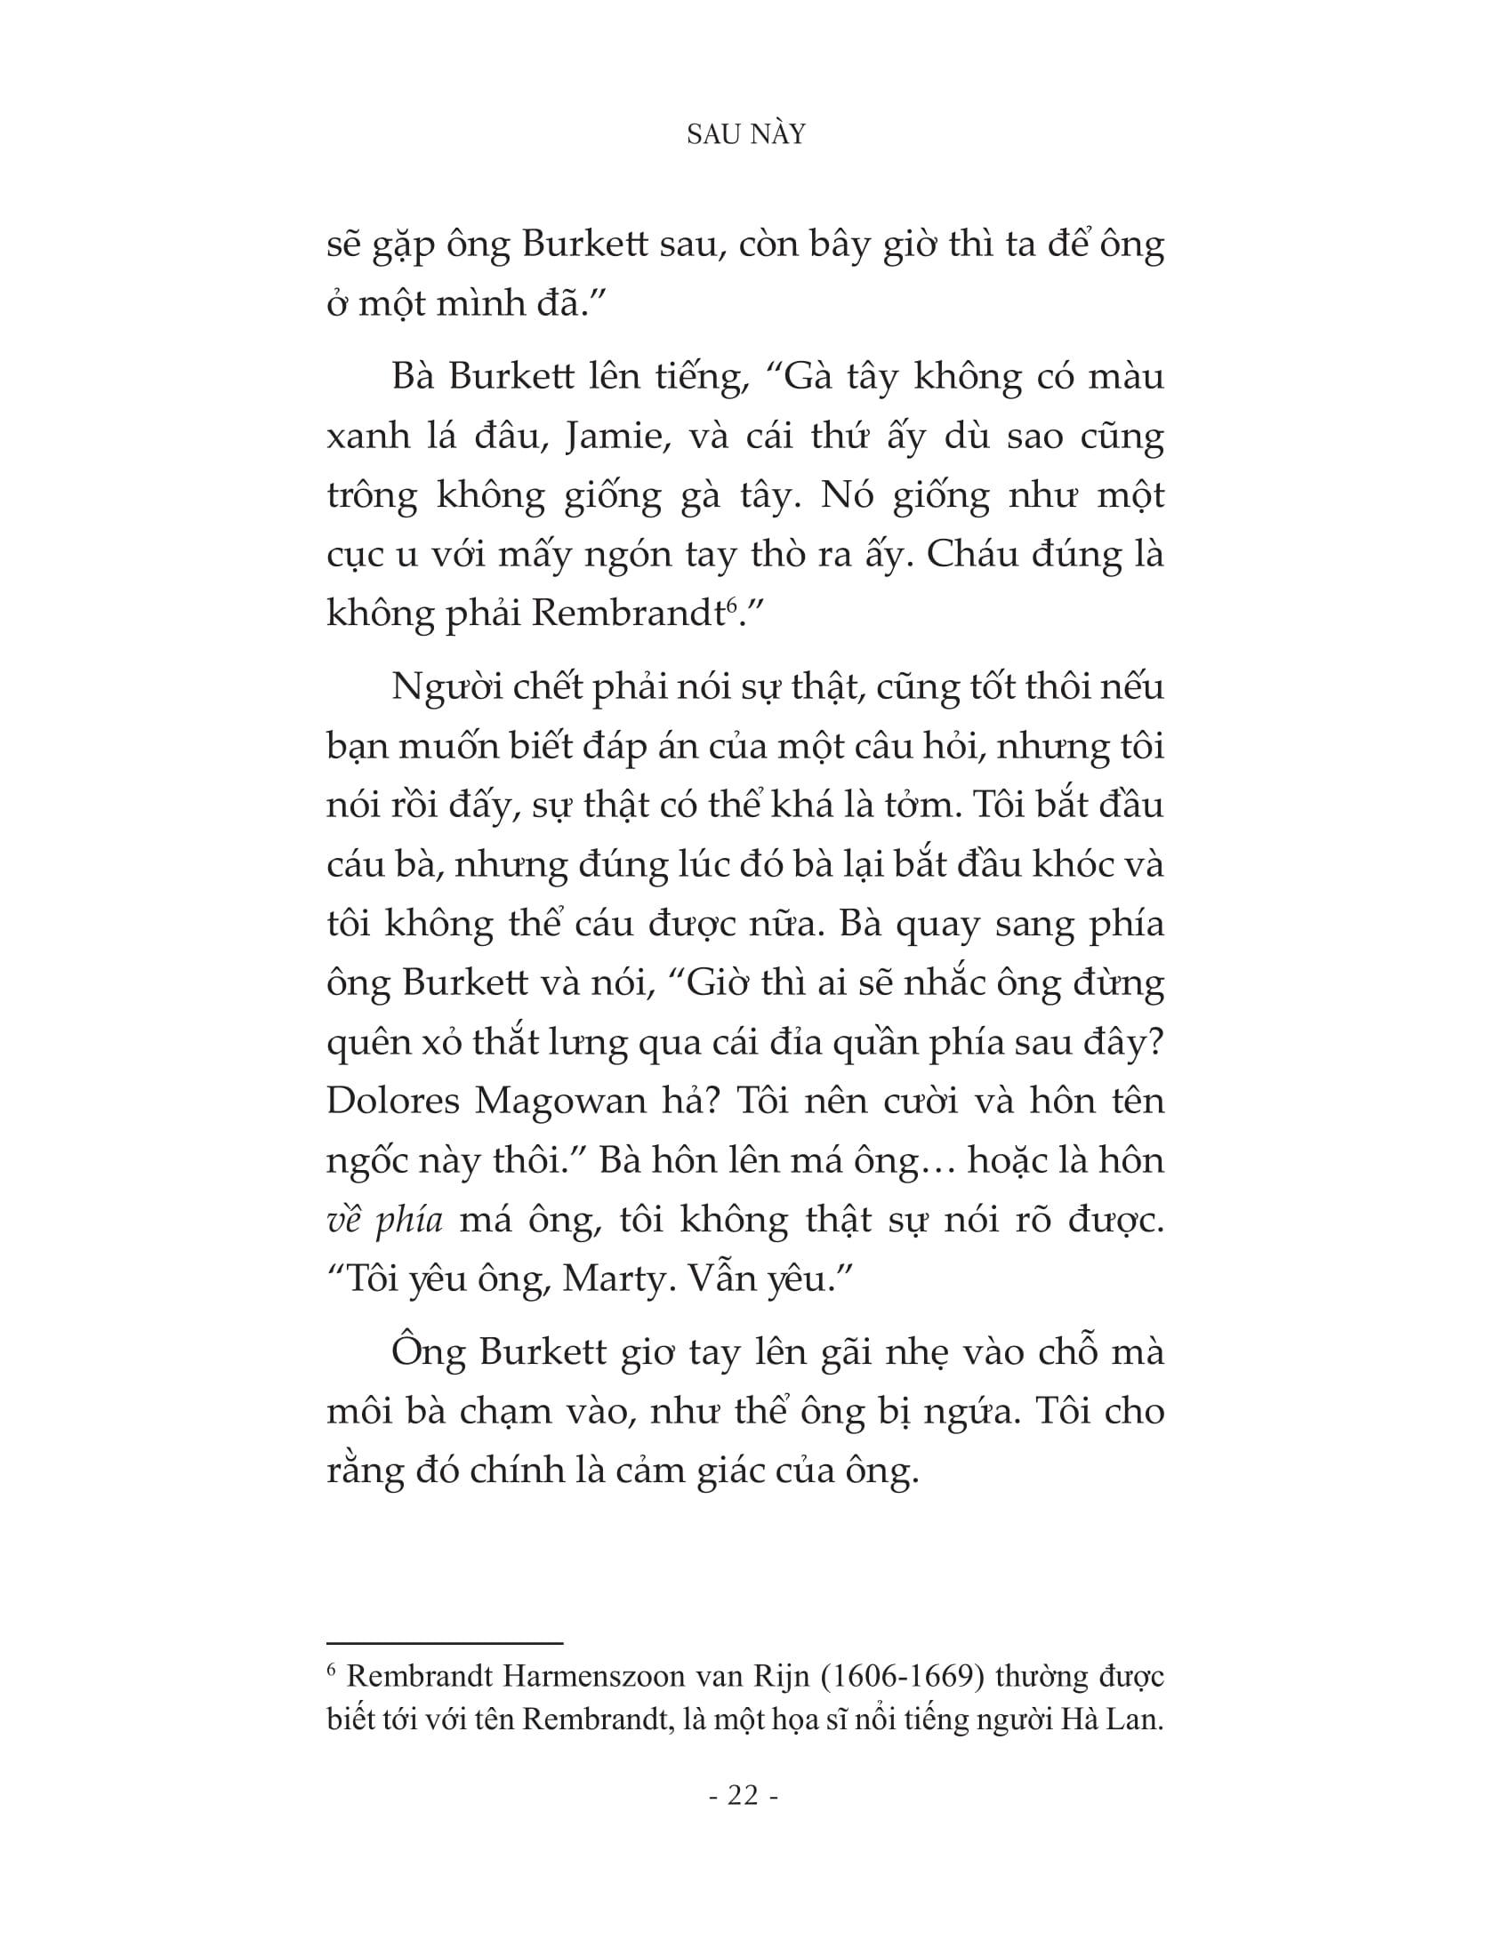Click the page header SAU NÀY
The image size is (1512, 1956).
click(745, 134)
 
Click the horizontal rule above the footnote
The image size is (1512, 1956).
click(445, 1643)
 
